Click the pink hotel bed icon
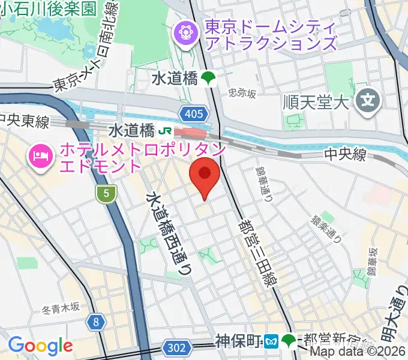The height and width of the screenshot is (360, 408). (x=40, y=157)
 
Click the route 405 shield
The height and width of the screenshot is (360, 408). (x=195, y=113)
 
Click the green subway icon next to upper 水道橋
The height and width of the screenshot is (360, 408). (x=209, y=78)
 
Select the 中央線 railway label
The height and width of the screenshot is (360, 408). (x=345, y=155)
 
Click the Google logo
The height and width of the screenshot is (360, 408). (x=40, y=345)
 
